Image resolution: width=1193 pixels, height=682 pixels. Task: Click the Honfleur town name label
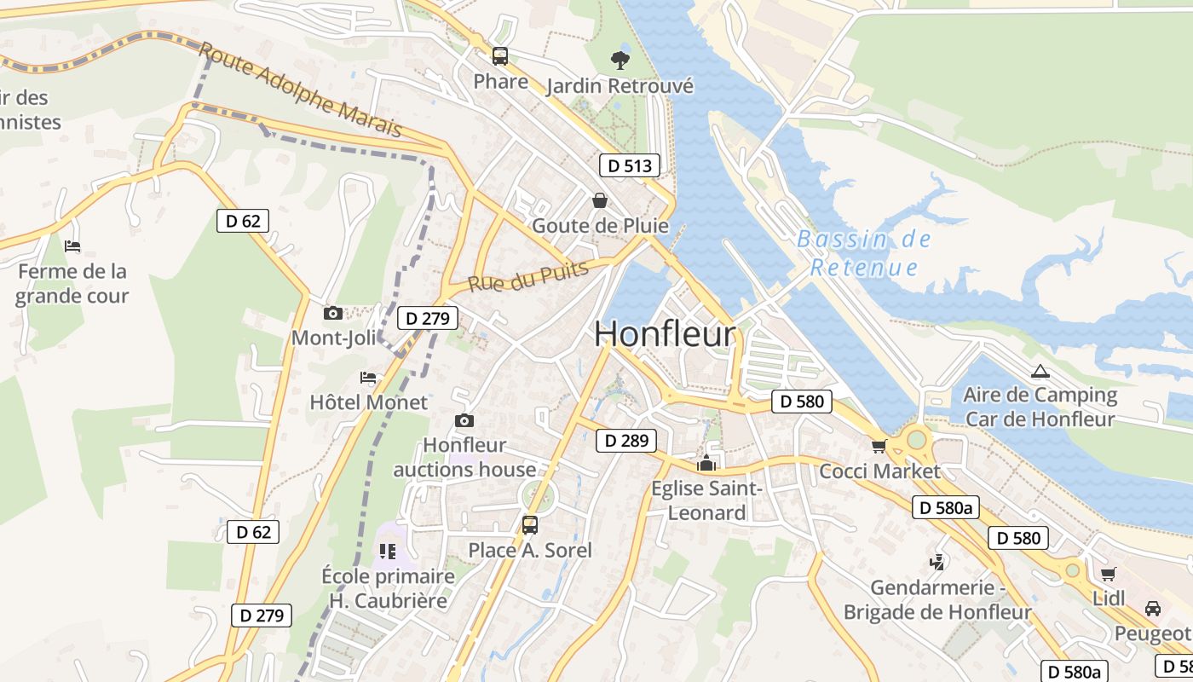tap(665, 333)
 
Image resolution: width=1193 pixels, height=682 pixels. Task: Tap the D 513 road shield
tap(630, 165)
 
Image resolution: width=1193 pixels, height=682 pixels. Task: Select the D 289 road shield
tap(626, 441)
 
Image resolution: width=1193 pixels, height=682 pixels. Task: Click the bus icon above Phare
tap(500, 56)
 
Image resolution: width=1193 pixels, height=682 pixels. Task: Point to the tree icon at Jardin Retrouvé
tap(620, 60)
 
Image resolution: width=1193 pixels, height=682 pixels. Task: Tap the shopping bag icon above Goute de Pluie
tap(600, 200)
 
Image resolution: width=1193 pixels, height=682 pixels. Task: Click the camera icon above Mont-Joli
tap(333, 313)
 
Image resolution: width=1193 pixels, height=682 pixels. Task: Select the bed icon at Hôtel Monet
tap(368, 377)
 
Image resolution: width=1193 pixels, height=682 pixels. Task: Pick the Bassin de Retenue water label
tap(864, 253)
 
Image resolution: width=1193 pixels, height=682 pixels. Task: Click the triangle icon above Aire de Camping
tap(1040, 371)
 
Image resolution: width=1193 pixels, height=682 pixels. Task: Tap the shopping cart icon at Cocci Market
tap(879, 446)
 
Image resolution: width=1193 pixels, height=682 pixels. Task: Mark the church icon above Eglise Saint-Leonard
tap(706, 464)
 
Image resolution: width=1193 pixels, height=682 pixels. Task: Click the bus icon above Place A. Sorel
tap(529, 524)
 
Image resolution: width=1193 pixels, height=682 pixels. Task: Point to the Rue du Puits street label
tap(528, 277)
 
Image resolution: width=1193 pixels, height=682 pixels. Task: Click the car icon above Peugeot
tap(1152, 609)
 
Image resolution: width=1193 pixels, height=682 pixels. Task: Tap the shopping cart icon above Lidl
tap(1108, 574)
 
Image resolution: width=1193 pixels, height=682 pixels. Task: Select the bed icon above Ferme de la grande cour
tap(72, 246)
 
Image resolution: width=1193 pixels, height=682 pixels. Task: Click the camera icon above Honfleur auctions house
tap(464, 420)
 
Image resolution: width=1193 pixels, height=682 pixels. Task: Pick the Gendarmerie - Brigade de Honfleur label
tap(937, 600)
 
